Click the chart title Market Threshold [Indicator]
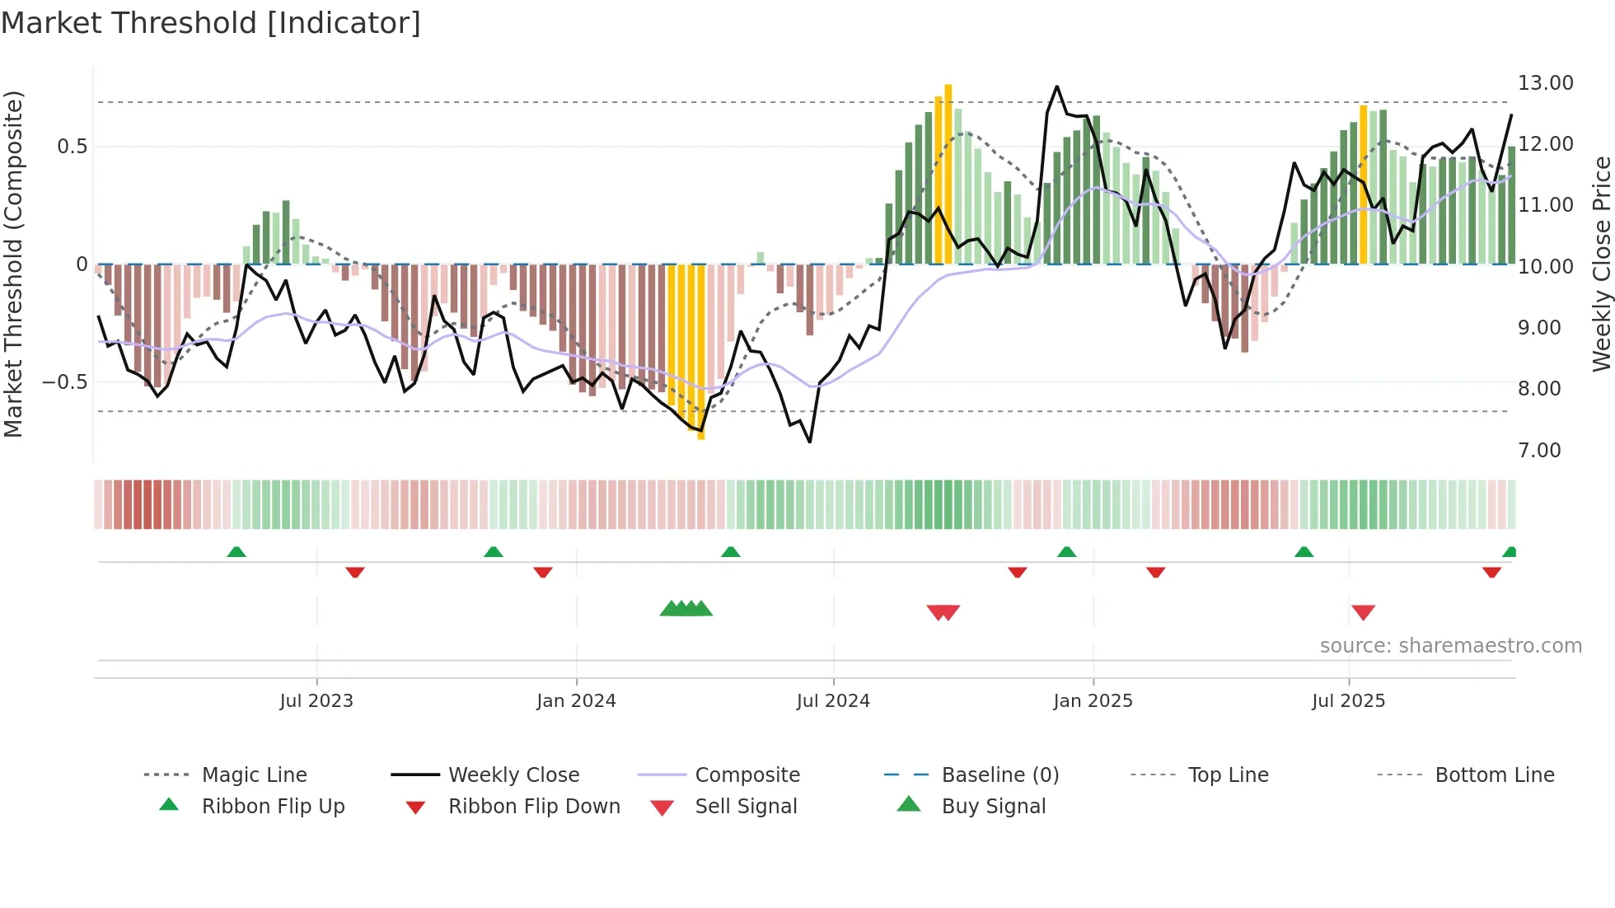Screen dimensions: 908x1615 pos(211,23)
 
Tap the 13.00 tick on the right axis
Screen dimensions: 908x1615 pos(1545,83)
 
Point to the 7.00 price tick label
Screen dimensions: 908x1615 pos(1539,451)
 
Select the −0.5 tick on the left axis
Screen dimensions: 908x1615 pos(64,382)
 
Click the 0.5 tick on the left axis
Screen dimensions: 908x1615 pos(72,147)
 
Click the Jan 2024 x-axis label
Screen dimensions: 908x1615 pos(576,701)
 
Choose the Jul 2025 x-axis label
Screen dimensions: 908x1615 pos(1348,701)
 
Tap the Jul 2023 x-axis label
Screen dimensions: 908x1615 pos(316,701)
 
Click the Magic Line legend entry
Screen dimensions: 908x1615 pos(254,775)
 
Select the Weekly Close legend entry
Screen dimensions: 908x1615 pos(513,775)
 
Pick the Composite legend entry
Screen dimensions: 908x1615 pos(747,775)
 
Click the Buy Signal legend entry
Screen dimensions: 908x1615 pos(993,807)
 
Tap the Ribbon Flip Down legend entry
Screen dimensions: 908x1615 pos(533,807)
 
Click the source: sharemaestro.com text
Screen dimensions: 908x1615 pos(1450,646)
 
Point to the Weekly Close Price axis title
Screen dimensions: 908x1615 pos(1601,264)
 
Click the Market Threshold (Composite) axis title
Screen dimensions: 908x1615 pos(13,264)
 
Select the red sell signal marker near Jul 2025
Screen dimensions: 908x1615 pos(1363,612)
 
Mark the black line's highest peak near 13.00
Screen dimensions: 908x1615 pos(1057,87)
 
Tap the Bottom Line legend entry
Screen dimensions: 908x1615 pos(1494,775)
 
